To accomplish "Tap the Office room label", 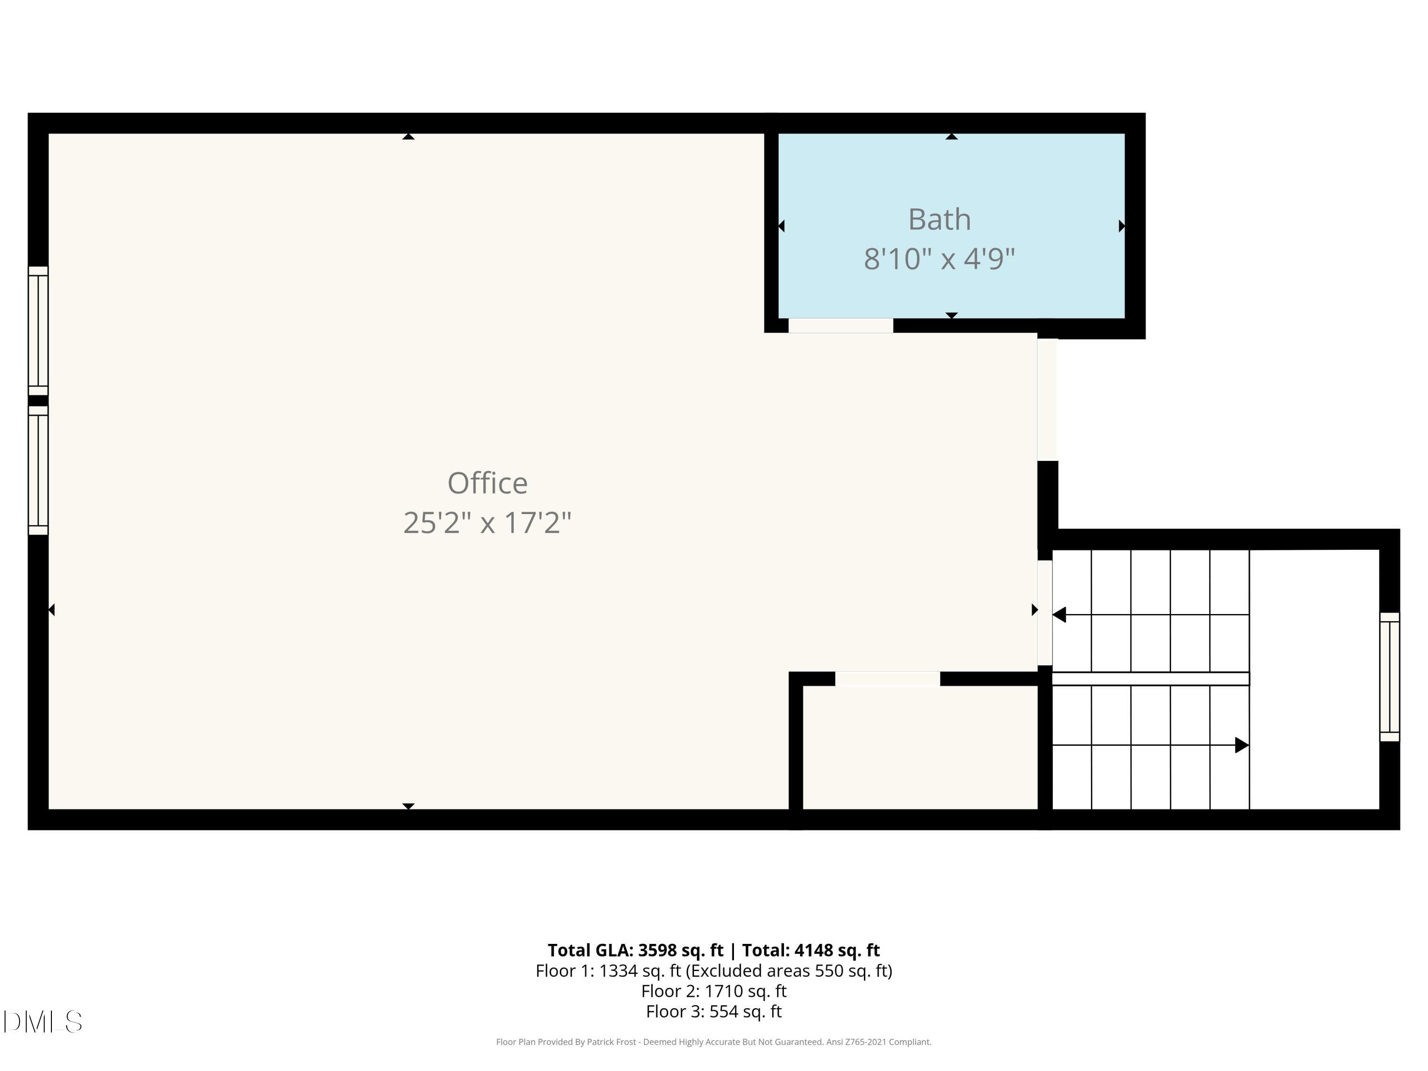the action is pos(487,483).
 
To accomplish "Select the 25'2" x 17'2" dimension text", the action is pos(487,522).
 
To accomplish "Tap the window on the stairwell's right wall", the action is pos(1389,676).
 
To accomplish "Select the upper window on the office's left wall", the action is pos(38,330).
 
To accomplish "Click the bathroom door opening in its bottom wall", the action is pos(841,326).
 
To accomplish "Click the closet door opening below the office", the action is pos(888,678).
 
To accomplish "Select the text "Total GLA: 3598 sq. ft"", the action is pos(635,950).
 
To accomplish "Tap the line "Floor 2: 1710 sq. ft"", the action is pos(714,991).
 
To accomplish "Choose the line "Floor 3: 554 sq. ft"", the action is pos(714,1011).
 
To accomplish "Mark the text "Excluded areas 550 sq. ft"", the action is pos(789,971).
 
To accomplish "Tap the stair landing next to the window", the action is pos(1314,679).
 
